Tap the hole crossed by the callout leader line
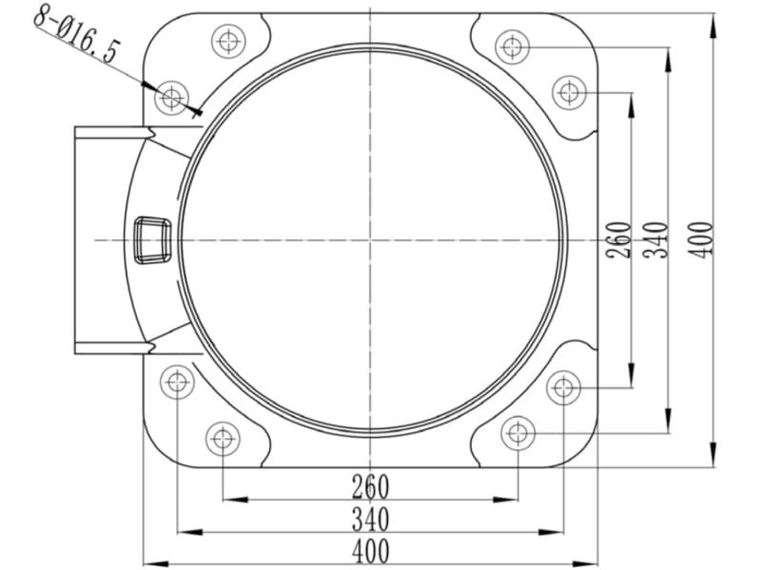click(171, 99)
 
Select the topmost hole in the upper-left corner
click(228, 41)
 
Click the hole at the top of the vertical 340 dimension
click(512, 47)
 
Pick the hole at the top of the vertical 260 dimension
click(569, 92)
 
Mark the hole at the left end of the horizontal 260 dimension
click(223, 439)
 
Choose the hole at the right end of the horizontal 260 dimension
click(517, 433)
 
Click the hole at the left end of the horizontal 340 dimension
click(177, 382)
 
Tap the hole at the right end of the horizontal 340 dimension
click(563, 388)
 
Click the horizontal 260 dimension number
click(371, 486)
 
